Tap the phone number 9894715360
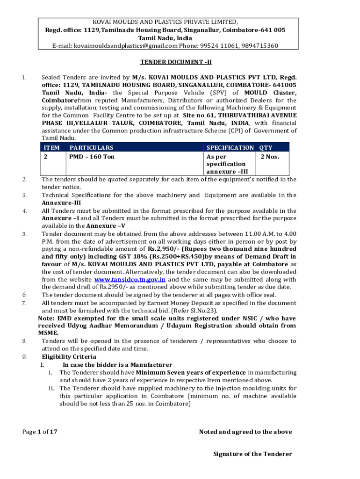click(x=259, y=45)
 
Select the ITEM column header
click(x=51, y=147)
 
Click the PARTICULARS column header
click(x=91, y=147)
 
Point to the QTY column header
click(x=266, y=147)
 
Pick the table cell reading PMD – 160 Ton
click(x=92, y=156)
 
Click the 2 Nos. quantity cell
click(x=270, y=156)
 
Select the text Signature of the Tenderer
click(x=252, y=454)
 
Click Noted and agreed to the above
click(x=245, y=431)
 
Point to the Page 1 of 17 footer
click(x=40, y=431)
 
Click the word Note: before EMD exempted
click(x=46, y=318)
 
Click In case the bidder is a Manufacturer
click(x=117, y=364)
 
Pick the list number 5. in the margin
click(x=24, y=233)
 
